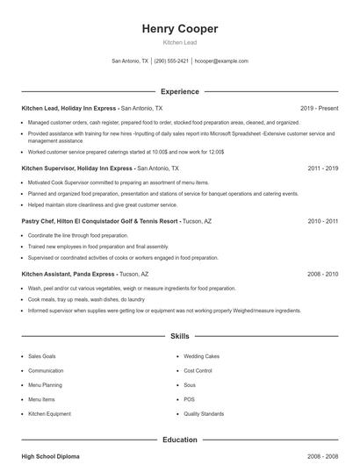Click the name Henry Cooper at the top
click(x=179, y=29)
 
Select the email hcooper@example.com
click(x=221, y=61)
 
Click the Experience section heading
click(x=179, y=91)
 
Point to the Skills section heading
click(x=179, y=336)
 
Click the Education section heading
click(x=179, y=440)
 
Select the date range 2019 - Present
click(x=319, y=108)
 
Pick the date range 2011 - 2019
click(x=322, y=168)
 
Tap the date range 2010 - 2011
click(x=322, y=222)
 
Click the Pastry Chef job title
click(x=40, y=222)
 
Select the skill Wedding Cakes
click(x=202, y=356)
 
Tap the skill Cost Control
click(x=198, y=370)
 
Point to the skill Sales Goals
click(x=42, y=356)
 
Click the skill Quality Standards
click(x=204, y=413)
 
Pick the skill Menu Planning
click(x=45, y=384)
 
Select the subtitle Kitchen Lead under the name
click(x=179, y=43)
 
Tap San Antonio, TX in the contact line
click(x=130, y=61)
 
